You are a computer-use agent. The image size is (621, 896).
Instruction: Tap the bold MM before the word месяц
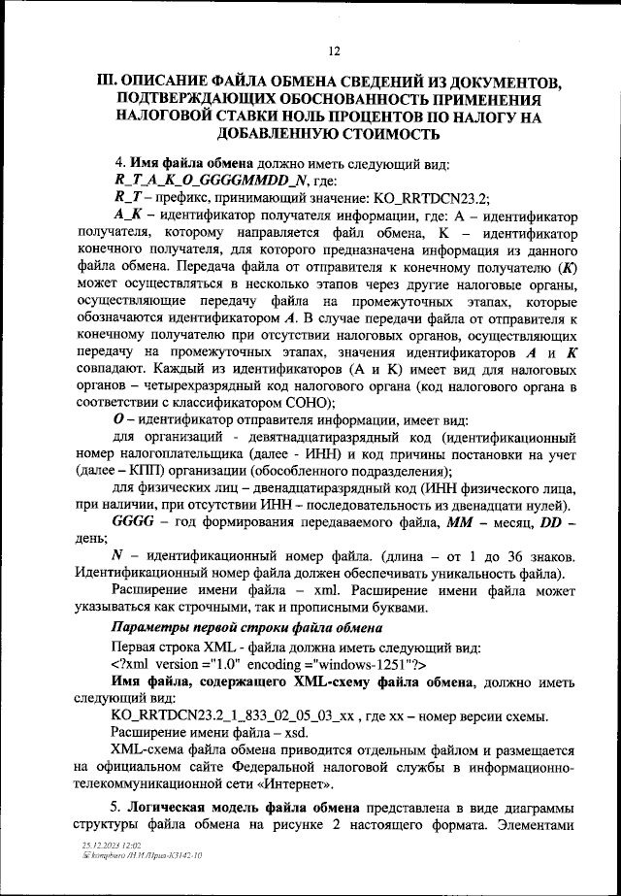coord(459,525)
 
